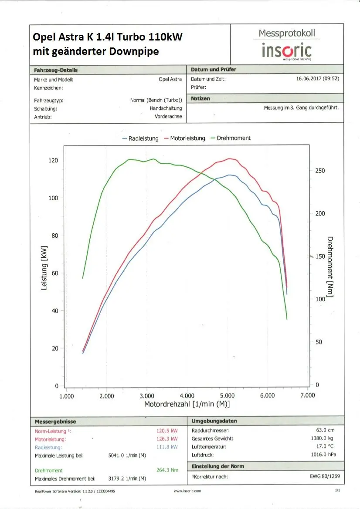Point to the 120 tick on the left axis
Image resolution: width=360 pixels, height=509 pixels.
[x=53, y=160]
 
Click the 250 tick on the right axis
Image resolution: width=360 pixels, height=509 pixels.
[x=320, y=171]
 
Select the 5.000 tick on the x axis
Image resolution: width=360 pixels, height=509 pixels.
[x=227, y=396]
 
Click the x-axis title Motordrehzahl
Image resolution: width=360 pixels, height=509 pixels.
[x=187, y=405]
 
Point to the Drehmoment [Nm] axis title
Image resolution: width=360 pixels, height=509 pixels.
[x=330, y=267]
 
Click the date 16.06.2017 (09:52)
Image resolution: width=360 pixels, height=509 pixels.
[x=317, y=79]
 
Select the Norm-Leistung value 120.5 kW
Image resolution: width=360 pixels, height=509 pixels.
[x=167, y=431]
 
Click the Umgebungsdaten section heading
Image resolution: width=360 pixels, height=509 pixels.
[x=214, y=421]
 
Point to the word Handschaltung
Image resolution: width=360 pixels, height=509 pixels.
[x=166, y=108]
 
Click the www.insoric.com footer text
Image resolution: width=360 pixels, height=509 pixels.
[x=187, y=491]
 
